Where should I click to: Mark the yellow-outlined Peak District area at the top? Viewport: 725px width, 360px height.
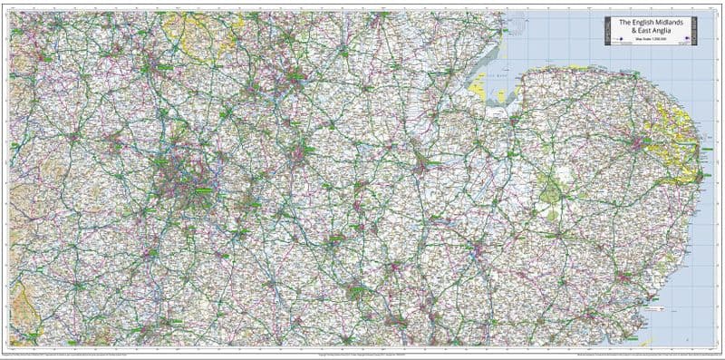pyautogui.click(x=195, y=36)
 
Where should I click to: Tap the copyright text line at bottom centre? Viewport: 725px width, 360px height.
pyautogui.click(x=362, y=352)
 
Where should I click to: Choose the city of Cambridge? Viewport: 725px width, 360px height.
pyautogui.click(x=471, y=245)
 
